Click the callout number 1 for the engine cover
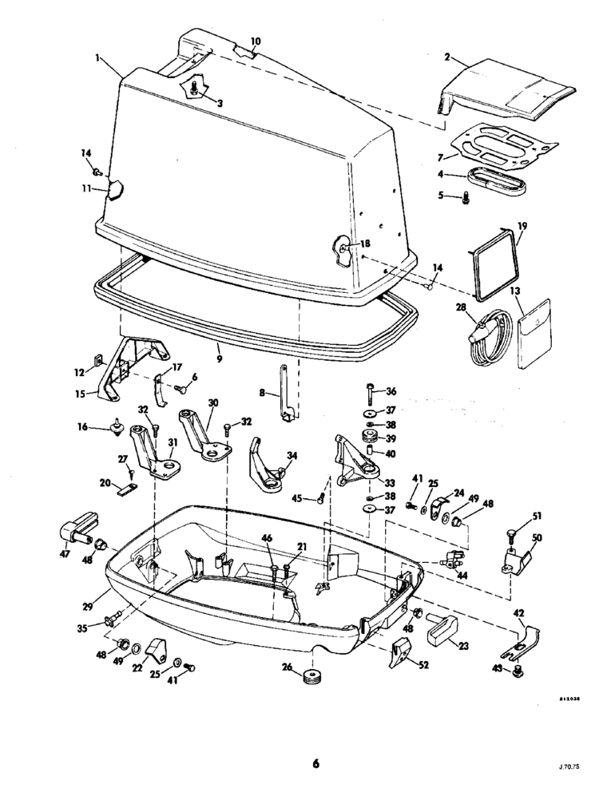coord(97,59)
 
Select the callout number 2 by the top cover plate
coord(447,57)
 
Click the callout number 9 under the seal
coord(219,349)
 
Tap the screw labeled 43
coord(517,672)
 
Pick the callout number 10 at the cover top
coord(256,41)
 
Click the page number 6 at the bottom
coord(315,764)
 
